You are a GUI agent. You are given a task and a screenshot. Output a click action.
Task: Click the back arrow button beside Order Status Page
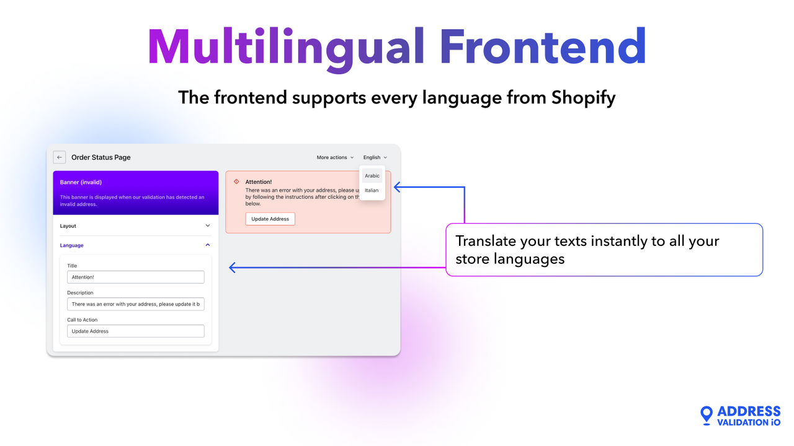click(60, 157)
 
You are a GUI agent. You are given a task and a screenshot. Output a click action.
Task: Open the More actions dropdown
click(335, 157)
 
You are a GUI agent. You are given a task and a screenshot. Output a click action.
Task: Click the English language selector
click(375, 157)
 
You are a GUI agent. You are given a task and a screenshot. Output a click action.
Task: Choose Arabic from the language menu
click(372, 176)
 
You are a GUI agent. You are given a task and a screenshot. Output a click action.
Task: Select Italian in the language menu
click(372, 190)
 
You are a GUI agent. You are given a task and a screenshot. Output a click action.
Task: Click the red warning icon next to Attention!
click(236, 181)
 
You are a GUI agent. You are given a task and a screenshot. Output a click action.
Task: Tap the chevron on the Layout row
click(208, 226)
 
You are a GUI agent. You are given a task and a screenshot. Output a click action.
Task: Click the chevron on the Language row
click(208, 245)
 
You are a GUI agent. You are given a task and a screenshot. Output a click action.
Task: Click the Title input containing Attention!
click(135, 277)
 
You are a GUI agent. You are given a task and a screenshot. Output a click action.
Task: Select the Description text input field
click(135, 304)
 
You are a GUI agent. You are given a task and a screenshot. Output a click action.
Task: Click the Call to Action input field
click(135, 331)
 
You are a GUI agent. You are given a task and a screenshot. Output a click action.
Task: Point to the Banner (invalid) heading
click(81, 182)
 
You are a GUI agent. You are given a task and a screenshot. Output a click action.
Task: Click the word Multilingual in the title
click(283, 48)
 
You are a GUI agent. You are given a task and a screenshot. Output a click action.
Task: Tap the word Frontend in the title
click(543, 48)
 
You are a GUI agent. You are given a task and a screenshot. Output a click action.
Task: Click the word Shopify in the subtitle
click(583, 98)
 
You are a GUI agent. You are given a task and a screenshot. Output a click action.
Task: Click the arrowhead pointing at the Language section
click(233, 268)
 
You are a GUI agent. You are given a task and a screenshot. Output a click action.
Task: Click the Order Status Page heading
click(100, 157)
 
